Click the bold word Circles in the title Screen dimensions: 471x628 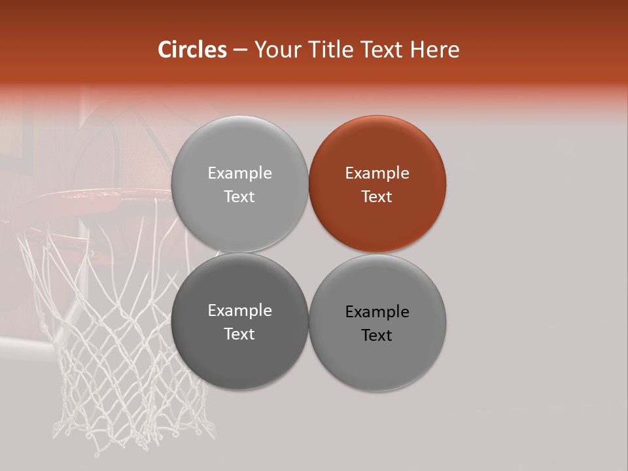[x=192, y=50]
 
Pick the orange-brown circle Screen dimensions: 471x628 [x=377, y=184]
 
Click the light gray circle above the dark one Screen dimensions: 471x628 [x=239, y=184]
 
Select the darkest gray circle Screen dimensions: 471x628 [x=239, y=321]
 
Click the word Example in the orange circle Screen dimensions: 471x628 [x=377, y=173]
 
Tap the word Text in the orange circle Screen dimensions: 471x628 [x=377, y=196]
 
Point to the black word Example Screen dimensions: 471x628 [x=377, y=312]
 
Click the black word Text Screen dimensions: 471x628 [x=377, y=335]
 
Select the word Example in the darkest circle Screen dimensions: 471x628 [x=239, y=311]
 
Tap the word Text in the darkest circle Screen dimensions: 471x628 [x=239, y=334]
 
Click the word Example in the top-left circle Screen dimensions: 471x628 [x=239, y=173]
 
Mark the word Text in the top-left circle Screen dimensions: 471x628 [x=239, y=196]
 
